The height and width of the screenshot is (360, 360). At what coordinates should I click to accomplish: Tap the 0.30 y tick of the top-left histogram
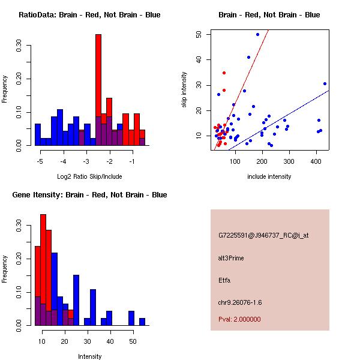point(20,47)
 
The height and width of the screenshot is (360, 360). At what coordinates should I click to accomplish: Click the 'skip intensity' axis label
point(184,90)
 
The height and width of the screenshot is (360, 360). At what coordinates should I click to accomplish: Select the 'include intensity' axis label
point(269,176)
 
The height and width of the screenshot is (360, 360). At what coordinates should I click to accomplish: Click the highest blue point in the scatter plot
point(257,35)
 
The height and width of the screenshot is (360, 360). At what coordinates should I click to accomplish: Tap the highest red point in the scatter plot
point(224,73)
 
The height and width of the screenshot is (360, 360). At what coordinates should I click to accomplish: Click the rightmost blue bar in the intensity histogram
point(142,322)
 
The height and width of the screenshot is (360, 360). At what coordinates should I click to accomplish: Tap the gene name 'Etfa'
point(224,280)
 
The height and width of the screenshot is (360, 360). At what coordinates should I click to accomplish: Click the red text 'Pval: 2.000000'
point(239,319)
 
